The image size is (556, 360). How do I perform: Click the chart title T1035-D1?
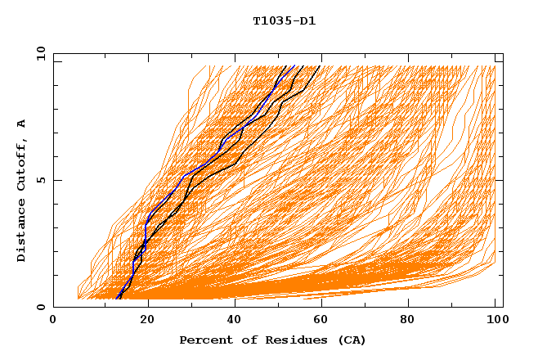click(x=284, y=21)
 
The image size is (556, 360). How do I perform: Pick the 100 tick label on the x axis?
click(x=495, y=321)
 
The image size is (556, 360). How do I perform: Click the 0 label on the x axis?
click(x=54, y=321)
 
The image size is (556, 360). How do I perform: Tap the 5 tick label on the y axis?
click(x=40, y=180)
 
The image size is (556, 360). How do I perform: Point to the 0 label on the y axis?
click(x=40, y=308)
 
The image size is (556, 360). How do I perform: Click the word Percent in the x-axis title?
click(x=204, y=340)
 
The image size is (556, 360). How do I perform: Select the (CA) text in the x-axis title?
click(x=351, y=340)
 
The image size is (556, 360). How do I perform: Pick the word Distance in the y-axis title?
click(x=22, y=232)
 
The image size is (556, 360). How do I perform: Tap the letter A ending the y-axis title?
click(x=22, y=123)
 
